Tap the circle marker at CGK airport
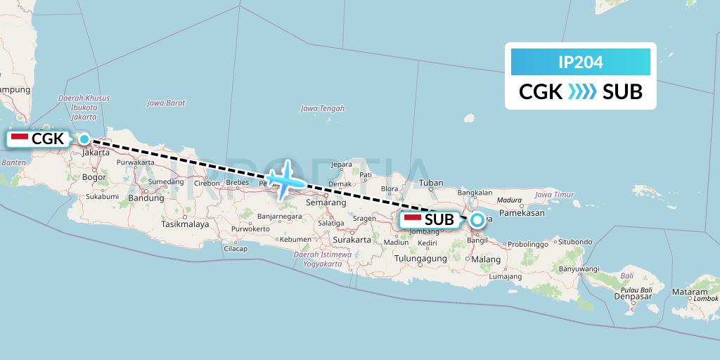coord(84,139)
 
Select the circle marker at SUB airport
coord(477,220)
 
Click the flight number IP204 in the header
coord(580,63)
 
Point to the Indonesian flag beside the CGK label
coord(20,139)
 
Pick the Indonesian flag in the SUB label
coord(413,219)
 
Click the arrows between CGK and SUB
coord(581,91)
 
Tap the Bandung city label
coord(146,198)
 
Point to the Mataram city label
coord(690,291)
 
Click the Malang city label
coord(486,259)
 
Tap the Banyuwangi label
coord(578,269)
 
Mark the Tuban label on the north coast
coord(430,184)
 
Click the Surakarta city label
coord(351,239)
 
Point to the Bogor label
coord(94,177)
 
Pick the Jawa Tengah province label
coord(322,108)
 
